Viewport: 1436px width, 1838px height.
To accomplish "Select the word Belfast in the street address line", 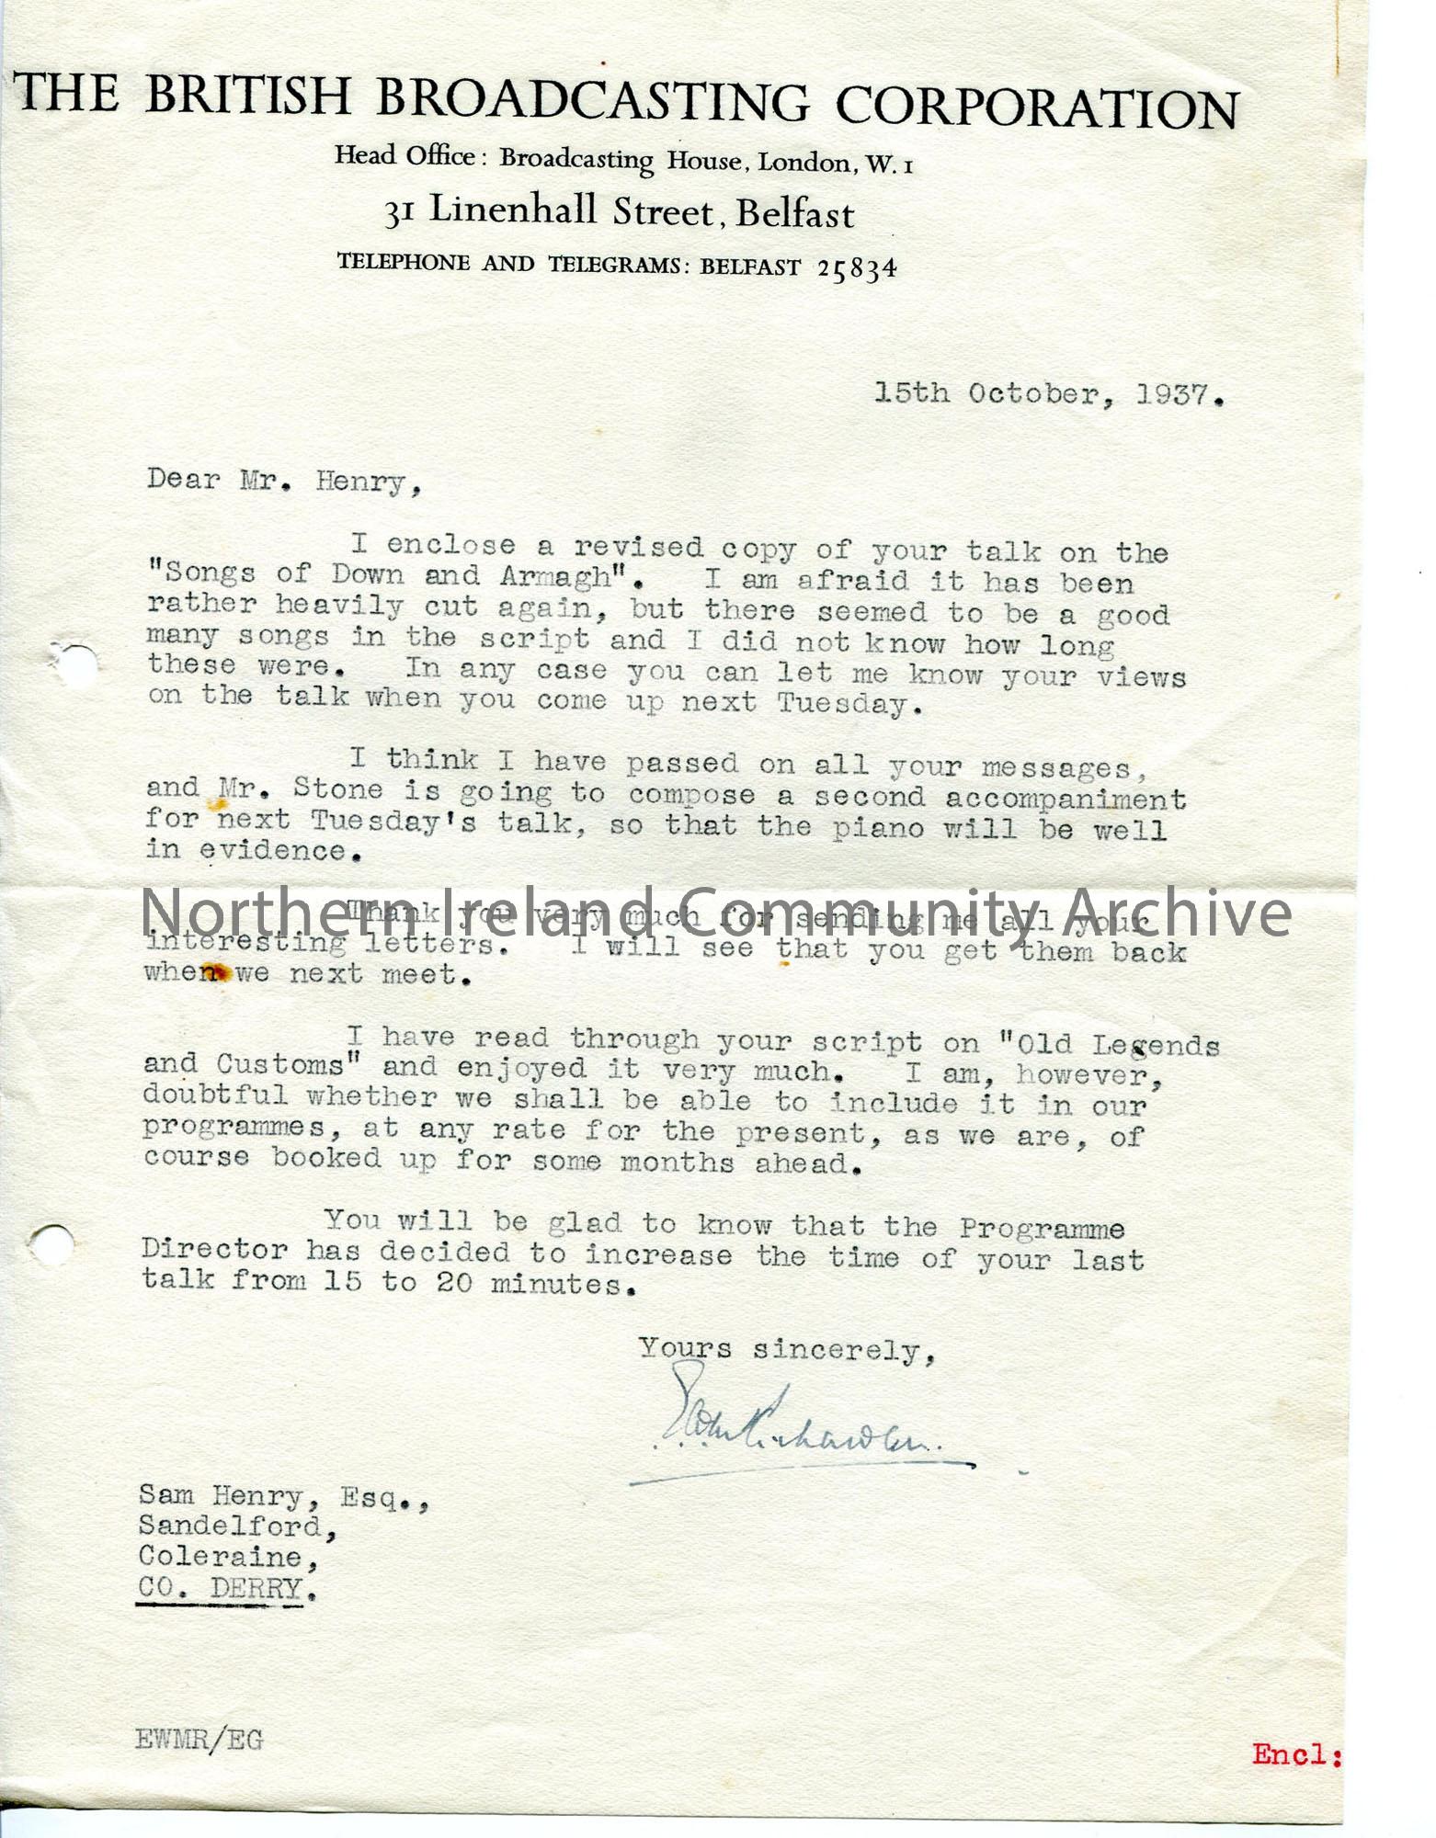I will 795,214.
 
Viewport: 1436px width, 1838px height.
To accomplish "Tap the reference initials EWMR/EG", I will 199,1740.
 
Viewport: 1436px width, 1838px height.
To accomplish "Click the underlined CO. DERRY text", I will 220,1588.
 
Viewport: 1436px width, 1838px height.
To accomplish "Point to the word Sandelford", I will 230,1526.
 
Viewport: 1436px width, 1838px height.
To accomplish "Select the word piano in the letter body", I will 877,828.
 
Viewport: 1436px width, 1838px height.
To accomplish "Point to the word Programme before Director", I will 1042,1229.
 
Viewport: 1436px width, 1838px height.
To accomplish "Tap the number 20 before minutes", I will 454,1282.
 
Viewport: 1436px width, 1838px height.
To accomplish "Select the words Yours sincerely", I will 787,1349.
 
